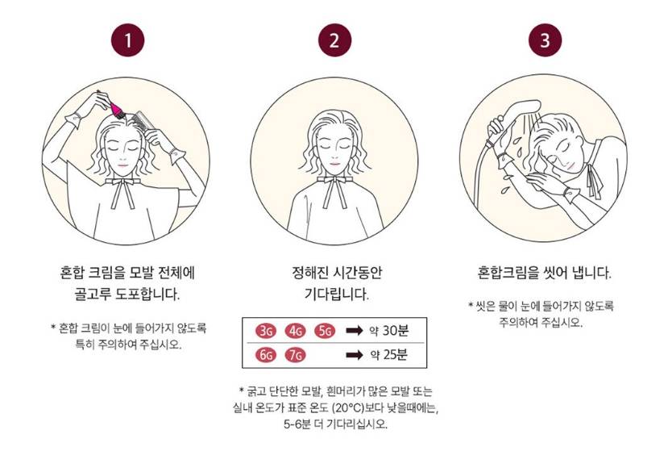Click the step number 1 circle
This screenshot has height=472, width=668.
[128, 40]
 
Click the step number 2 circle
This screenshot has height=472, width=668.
[335, 40]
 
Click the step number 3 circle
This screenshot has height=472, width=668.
[546, 40]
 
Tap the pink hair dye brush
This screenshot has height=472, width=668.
[116, 109]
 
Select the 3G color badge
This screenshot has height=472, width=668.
[266, 331]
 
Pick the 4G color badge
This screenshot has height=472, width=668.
[295, 331]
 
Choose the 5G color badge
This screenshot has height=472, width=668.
[325, 331]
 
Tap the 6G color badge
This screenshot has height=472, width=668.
[266, 355]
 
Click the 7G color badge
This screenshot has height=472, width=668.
[295, 355]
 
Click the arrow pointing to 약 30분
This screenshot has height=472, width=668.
[355, 330]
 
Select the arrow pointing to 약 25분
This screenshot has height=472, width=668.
[355, 355]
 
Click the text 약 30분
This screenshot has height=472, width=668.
[389, 330]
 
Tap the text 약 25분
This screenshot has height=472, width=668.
[389, 354]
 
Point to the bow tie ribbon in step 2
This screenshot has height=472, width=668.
[335, 188]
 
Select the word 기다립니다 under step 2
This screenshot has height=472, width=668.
[336, 294]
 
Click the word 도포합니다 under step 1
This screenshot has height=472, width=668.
[147, 294]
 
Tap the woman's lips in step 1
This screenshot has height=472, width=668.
[122, 165]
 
